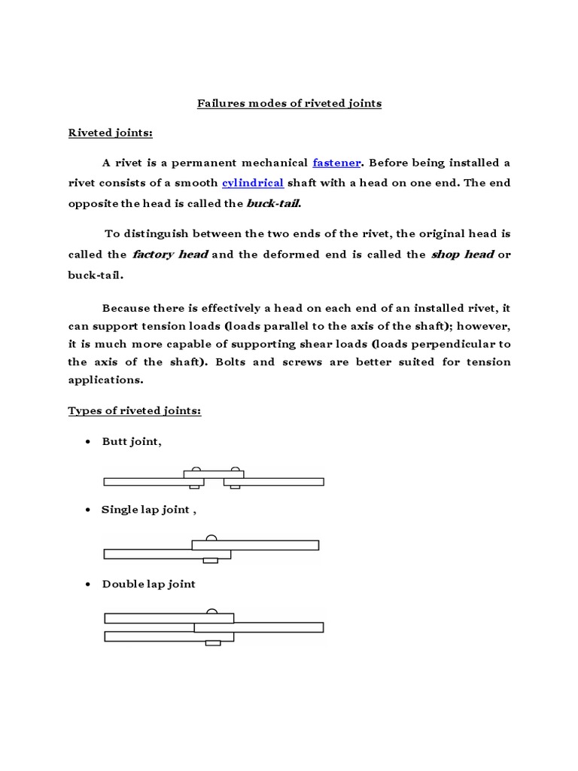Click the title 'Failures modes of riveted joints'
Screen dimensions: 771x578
tap(289, 103)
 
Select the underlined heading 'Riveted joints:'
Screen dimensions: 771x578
tap(110, 133)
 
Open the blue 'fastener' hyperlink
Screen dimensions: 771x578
tap(337, 163)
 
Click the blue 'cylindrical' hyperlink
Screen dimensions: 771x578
tap(252, 183)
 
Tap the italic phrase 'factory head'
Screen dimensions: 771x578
tap(170, 254)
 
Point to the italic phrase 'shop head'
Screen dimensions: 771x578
tap(462, 254)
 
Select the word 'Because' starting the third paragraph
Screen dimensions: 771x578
tap(125, 307)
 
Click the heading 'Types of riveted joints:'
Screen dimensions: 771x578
tap(135, 410)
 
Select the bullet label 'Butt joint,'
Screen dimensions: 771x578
tap(132, 441)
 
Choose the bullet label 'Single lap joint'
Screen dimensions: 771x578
tap(146, 510)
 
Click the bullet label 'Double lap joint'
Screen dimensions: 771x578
tap(148, 584)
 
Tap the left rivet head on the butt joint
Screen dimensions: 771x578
tap(196, 469)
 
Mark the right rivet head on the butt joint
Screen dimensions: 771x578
tap(236, 469)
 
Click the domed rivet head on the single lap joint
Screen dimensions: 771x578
tap(211, 538)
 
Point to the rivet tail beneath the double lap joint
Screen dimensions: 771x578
tap(213, 642)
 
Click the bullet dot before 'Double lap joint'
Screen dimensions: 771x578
tap(89, 584)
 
